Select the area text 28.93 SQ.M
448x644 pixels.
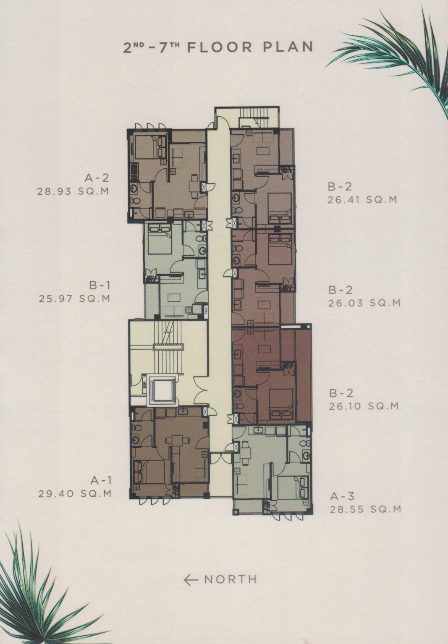pos(73,191)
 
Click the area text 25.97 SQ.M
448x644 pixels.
pos(74,298)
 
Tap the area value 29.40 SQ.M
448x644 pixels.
pos(74,494)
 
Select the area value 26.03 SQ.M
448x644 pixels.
pos(364,303)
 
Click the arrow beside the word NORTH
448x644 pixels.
pos(191,580)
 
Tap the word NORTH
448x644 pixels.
pos(230,580)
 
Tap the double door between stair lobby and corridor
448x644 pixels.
pos(201,384)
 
